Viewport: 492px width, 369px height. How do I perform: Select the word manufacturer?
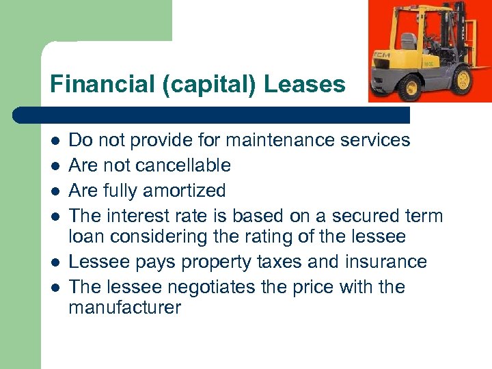click(125, 308)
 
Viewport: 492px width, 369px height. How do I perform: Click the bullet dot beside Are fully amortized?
click(55, 191)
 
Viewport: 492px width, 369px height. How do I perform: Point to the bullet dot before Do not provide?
click(55, 141)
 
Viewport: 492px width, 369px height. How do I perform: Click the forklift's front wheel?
click(411, 87)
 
